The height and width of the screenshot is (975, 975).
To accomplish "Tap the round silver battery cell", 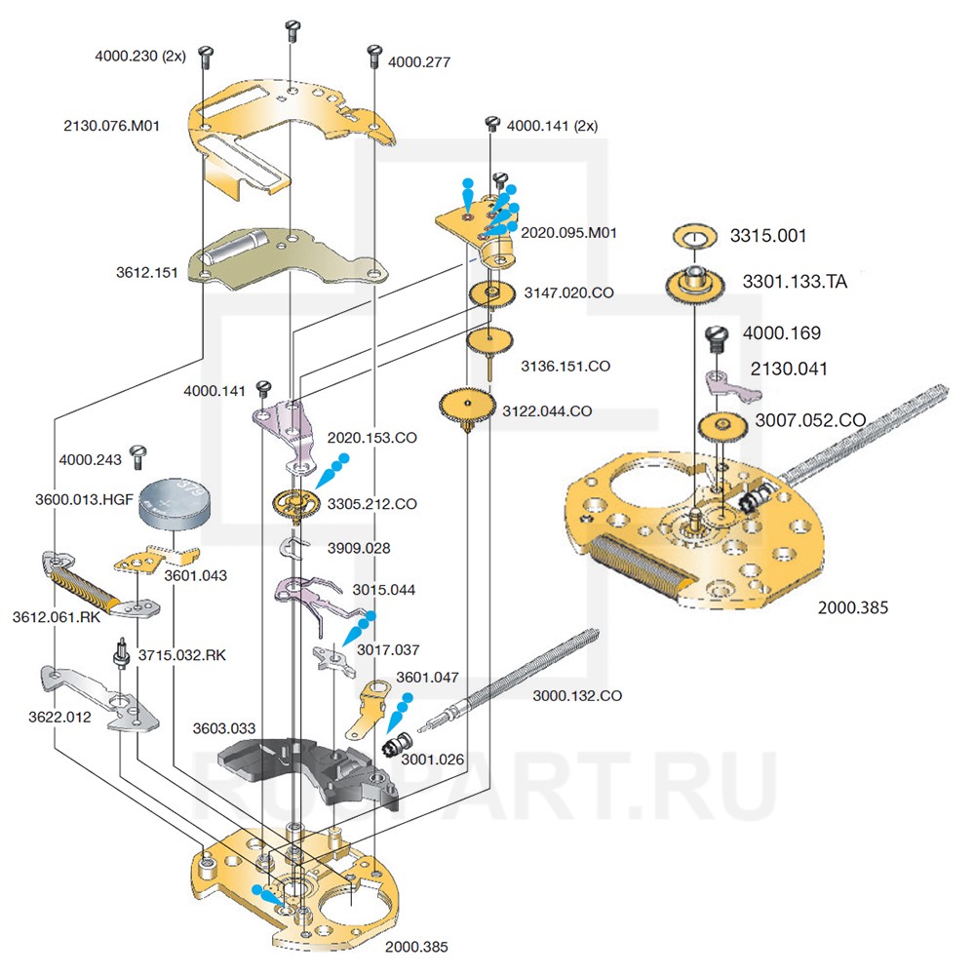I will click(x=177, y=503).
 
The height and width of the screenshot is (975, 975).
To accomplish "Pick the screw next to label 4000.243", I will click(x=137, y=453).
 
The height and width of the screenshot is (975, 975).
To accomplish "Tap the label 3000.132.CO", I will click(x=577, y=695).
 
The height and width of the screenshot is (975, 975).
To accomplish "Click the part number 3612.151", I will click(x=146, y=273).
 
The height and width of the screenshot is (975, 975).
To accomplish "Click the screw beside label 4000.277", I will click(x=372, y=55).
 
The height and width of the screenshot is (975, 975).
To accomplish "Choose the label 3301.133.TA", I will click(x=795, y=282).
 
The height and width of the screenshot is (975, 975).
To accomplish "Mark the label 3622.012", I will click(x=59, y=717).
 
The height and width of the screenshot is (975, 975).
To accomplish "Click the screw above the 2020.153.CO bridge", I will click(x=261, y=389).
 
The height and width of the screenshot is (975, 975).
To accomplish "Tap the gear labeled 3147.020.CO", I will click(x=492, y=293).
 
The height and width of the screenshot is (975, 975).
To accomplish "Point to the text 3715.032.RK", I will click(x=182, y=655).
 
